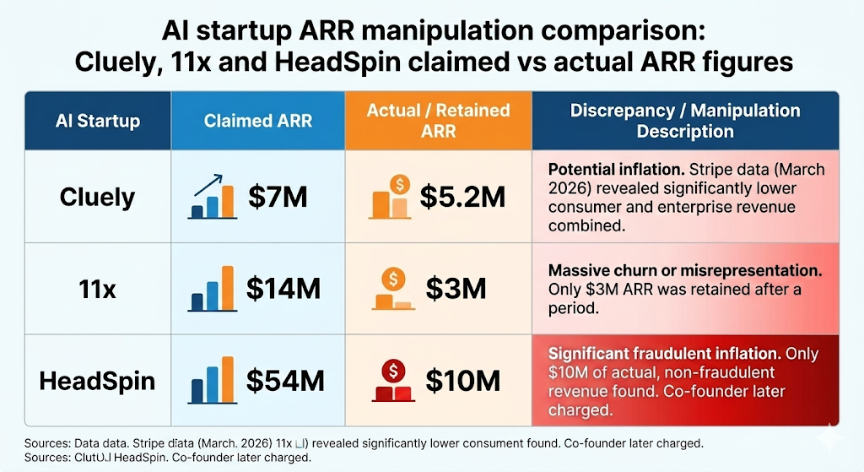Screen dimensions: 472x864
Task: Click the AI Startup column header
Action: (97, 121)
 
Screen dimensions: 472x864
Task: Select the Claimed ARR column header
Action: (257, 121)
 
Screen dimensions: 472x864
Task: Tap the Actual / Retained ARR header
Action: (438, 121)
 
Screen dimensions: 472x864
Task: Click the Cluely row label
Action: (97, 198)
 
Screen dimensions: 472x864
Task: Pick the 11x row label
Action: (97, 289)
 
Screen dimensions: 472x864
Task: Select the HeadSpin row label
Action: (97, 380)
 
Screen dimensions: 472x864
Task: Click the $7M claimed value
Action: (278, 198)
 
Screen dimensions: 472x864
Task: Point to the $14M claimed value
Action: (283, 289)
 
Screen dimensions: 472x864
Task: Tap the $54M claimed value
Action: (285, 380)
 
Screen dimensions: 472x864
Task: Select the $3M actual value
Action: (456, 289)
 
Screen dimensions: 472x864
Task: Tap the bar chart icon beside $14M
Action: (212, 289)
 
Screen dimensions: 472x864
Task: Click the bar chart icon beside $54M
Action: (212, 379)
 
